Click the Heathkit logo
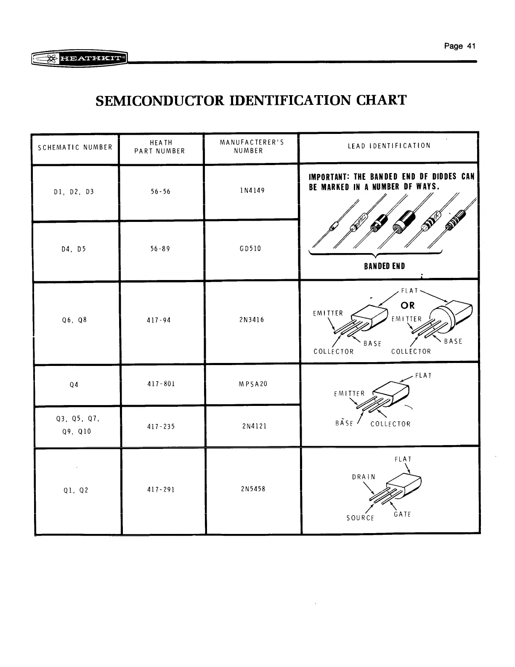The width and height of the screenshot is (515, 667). [x=80, y=59]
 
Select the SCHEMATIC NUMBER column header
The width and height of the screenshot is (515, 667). [x=75, y=148]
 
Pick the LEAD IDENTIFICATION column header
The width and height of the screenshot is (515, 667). [x=389, y=146]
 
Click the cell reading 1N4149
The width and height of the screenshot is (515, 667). [x=252, y=190]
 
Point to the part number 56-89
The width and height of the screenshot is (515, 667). [x=160, y=249]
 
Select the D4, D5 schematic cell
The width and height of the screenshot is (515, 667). [x=74, y=249]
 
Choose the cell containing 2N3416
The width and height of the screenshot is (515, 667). [x=251, y=320]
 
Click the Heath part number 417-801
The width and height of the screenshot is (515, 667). [x=161, y=384]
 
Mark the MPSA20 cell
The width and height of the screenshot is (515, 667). [x=253, y=384]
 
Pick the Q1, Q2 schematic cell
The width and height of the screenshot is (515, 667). [x=76, y=490]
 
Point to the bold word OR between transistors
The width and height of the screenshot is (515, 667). [x=407, y=305]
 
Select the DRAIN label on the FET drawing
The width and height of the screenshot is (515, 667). [x=364, y=477]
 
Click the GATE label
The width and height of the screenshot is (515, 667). [x=402, y=515]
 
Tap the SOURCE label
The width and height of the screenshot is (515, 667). [x=360, y=518]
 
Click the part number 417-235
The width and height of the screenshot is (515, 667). [x=161, y=427]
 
